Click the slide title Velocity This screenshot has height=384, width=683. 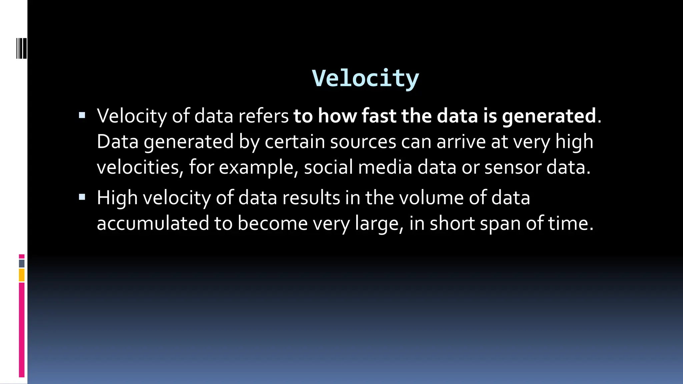coord(365,78)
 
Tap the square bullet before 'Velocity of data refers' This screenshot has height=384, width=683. coord(82,116)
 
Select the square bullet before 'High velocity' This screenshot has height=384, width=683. coord(82,197)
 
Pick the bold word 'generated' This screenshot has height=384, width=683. coord(549,116)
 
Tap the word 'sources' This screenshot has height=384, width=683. coord(363,142)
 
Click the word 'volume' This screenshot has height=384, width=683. coord(431,197)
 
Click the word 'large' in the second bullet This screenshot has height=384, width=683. coord(379,224)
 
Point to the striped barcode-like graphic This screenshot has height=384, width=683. coord(21,49)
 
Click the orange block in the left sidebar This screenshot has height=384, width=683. coord(22,275)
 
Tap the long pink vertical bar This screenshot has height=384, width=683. coord(22,330)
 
